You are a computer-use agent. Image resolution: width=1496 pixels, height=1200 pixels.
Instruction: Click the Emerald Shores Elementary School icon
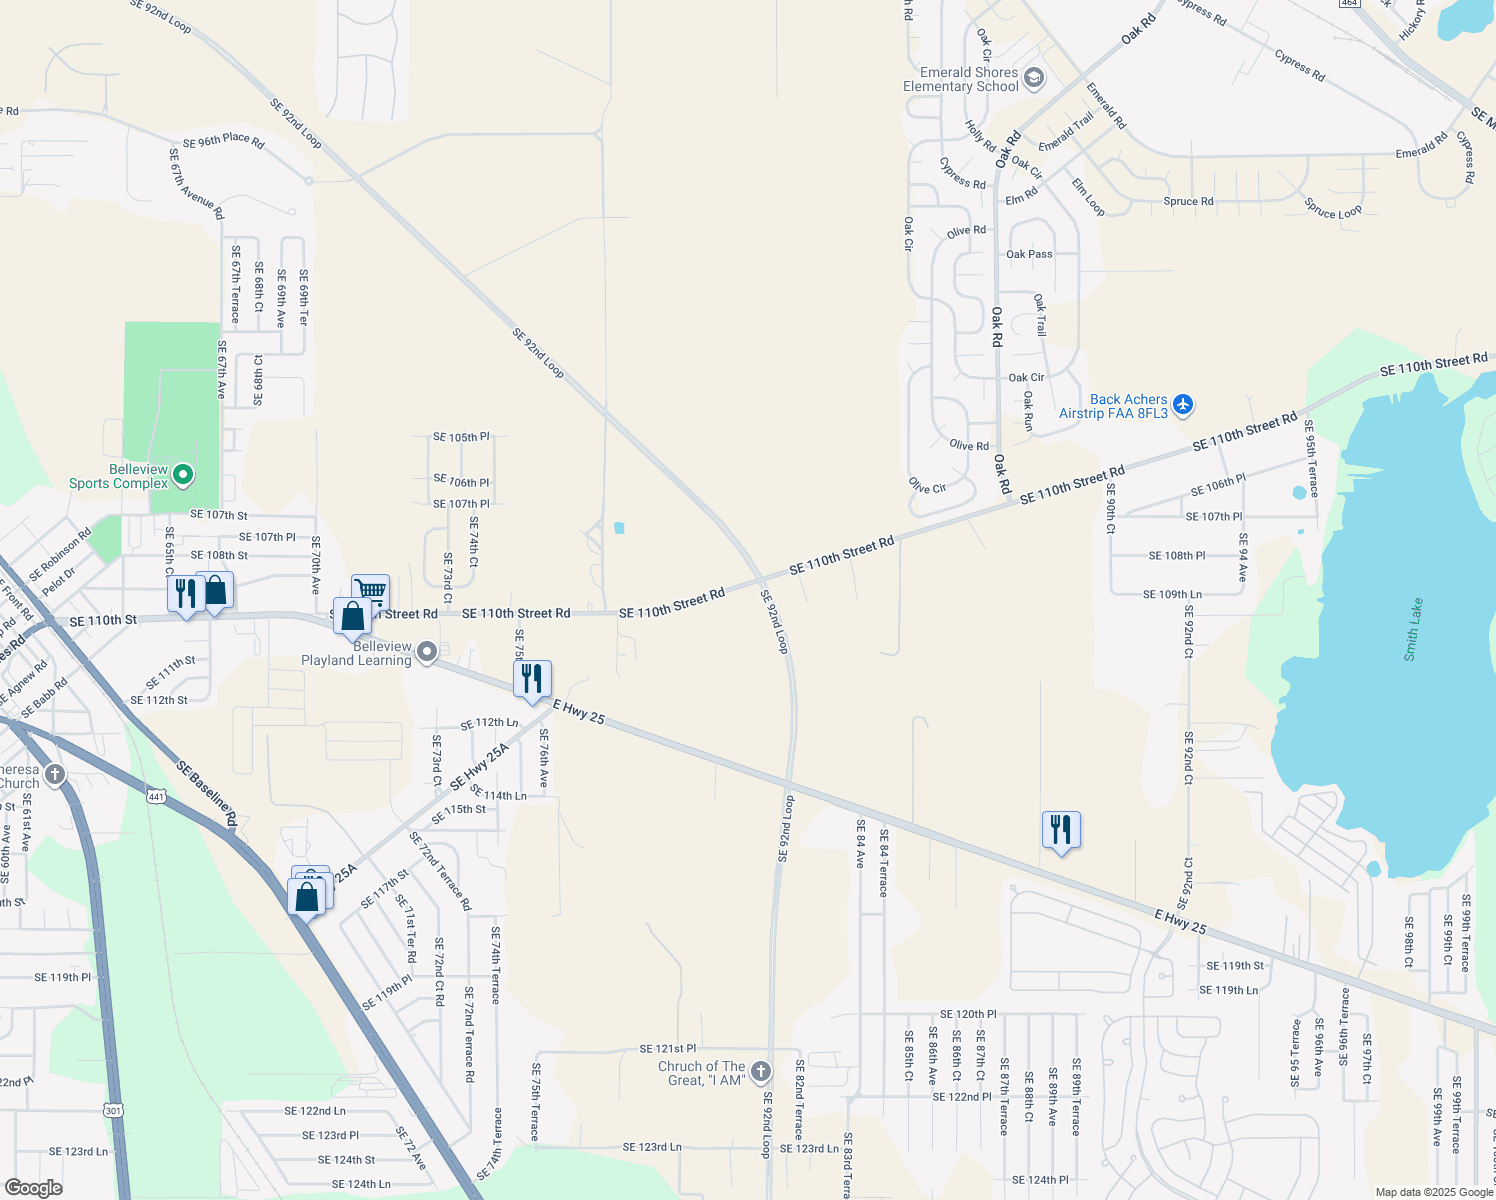[x=1034, y=78]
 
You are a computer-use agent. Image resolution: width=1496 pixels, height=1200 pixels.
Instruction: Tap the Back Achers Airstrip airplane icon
[x=1183, y=404]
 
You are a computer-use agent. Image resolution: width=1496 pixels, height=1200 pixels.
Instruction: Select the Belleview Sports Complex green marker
[x=183, y=474]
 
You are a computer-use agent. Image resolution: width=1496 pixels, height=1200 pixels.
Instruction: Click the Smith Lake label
[x=1412, y=630]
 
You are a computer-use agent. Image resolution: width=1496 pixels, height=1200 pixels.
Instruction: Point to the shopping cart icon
[x=370, y=590]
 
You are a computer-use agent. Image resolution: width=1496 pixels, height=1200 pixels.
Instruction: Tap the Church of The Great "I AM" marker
[x=761, y=1072]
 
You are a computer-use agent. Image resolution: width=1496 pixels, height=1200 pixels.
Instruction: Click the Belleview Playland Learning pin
[x=427, y=653]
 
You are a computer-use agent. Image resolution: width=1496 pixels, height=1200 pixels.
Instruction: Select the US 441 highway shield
[x=156, y=796]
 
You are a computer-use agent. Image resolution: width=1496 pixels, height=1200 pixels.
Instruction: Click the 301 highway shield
[x=112, y=1110]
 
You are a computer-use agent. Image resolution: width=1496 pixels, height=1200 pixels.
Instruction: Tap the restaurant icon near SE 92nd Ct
[x=1061, y=830]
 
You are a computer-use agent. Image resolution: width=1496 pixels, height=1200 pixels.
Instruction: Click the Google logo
[x=33, y=1187]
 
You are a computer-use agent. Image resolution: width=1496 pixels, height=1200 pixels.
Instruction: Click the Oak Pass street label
[x=1029, y=254]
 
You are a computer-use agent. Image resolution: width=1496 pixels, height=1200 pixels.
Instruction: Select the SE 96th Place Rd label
[x=223, y=142]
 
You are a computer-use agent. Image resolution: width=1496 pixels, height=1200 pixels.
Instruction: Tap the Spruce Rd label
[x=1188, y=201]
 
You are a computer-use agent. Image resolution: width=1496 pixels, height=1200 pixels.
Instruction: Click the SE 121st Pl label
[x=668, y=1048]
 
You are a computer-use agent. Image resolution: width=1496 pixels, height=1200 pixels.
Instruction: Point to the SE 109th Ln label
[x=1172, y=594]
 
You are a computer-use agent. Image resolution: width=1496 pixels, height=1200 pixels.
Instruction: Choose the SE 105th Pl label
[x=461, y=437]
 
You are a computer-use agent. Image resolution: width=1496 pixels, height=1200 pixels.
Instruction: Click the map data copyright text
[x=1433, y=1192]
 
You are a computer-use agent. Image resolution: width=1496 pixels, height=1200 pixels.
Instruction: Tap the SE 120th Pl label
[x=968, y=1014]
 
